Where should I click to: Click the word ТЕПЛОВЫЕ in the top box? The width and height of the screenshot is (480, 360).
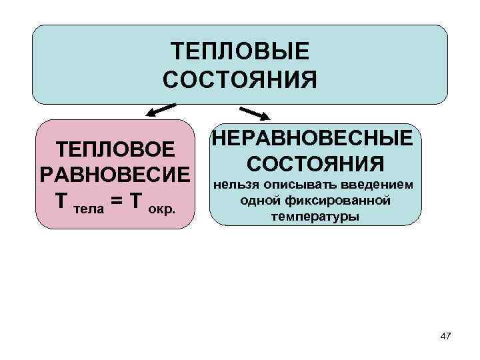click(240, 51)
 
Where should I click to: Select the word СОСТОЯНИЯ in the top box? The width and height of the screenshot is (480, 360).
click(240, 81)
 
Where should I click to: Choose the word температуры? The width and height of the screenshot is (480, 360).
click(315, 217)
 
